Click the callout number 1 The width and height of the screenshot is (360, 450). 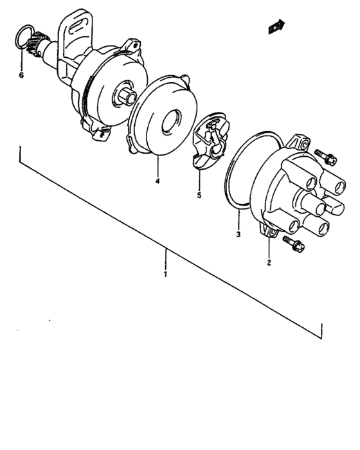coord(165,274)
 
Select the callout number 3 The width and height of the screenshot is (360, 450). coord(238,235)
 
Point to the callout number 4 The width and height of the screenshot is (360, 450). coord(157,181)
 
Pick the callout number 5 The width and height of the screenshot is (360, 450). coord(199,195)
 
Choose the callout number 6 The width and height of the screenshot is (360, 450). coord(21,75)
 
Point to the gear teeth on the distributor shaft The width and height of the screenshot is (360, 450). coord(38,45)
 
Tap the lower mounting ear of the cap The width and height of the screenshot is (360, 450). coord(269,232)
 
